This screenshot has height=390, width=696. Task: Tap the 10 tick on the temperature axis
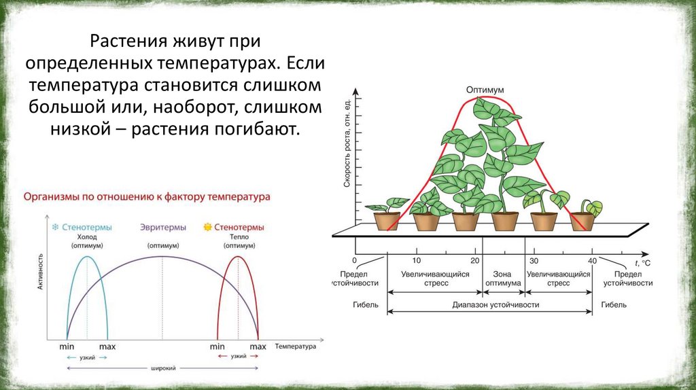416,260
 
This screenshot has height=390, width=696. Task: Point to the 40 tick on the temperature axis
592,260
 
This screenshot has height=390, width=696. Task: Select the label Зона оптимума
503,278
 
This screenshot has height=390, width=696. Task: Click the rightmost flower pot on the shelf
582,221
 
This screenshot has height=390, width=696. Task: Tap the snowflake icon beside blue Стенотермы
56,227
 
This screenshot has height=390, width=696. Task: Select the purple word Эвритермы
162,227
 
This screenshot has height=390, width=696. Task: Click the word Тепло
239,236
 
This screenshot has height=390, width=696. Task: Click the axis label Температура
296,346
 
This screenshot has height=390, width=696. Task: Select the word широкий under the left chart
162,368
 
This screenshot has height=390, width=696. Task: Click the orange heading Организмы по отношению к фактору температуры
147,196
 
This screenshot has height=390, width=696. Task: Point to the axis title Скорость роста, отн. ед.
346,143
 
